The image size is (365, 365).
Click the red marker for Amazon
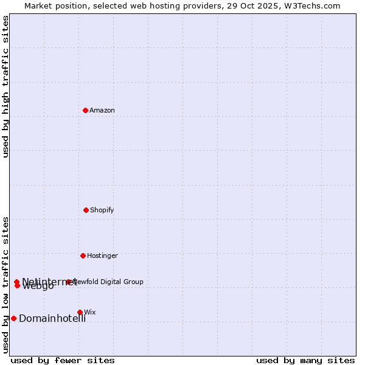pos(85,110)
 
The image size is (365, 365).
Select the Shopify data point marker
pos(86,210)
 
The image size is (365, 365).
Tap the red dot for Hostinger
pos(83,255)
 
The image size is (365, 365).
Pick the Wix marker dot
pos(80,312)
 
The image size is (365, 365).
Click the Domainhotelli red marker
pos(13,318)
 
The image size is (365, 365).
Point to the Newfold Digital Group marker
pos(68,282)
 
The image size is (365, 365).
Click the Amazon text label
pos(102,110)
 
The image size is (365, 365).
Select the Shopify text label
pos(102,210)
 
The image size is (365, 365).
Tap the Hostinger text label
pos(102,255)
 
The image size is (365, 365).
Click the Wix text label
pos(90,312)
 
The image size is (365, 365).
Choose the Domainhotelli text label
pos(52,319)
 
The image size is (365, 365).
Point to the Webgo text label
pos(38,287)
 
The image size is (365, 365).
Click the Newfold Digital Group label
pos(108,282)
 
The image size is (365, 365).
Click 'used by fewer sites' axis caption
pos(63,360)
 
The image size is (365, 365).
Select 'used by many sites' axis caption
pos(305,360)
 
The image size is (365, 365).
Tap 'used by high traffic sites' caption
pos(6,86)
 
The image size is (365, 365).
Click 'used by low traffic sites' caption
pos(6,285)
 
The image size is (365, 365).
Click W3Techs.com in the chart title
pos(314,5)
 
